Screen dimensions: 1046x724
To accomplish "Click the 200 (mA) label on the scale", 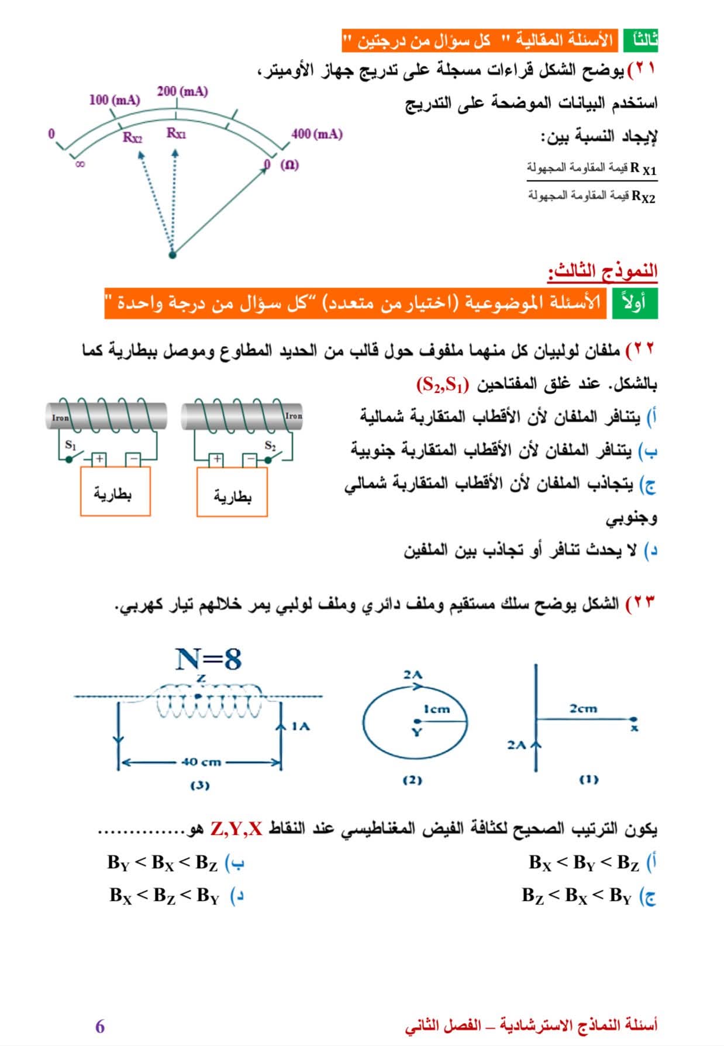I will pyautogui.click(x=182, y=91).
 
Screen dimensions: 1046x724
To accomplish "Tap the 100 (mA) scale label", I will pyautogui.click(x=115, y=100).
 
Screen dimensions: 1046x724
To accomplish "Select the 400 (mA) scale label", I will pyautogui.click(x=316, y=134).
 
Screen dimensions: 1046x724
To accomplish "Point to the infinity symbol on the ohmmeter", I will pyautogui.click(x=80, y=164).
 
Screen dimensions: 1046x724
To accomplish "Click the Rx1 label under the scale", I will pyautogui.click(x=176, y=133).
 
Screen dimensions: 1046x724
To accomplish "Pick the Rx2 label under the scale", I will pyautogui.click(x=132, y=137).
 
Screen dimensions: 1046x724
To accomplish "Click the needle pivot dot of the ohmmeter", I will pyautogui.click(x=172, y=254).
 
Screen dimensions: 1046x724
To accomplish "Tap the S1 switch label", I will pyautogui.click(x=71, y=445).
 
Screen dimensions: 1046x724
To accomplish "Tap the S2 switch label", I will pyautogui.click(x=270, y=446).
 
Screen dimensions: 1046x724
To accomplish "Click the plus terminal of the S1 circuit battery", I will pyautogui.click(x=99, y=459).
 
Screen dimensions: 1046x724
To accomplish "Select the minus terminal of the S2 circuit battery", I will pyautogui.click(x=250, y=460).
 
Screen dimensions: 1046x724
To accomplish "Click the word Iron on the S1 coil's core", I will pyautogui.click(x=60, y=418).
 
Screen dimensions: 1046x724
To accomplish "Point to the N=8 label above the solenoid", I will pyautogui.click(x=209, y=660).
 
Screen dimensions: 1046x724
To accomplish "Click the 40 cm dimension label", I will pyautogui.click(x=201, y=762).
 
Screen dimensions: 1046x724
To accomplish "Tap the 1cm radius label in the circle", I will pyautogui.click(x=437, y=709).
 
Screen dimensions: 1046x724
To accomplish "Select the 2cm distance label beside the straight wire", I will pyautogui.click(x=583, y=709).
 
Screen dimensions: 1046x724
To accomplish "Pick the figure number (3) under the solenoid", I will pyautogui.click(x=199, y=785).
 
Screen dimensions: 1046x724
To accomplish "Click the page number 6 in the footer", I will pyautogui.click(x=100, y=1026).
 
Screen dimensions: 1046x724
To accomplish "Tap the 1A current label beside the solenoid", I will pyautogui.click(x=301, y=726).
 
